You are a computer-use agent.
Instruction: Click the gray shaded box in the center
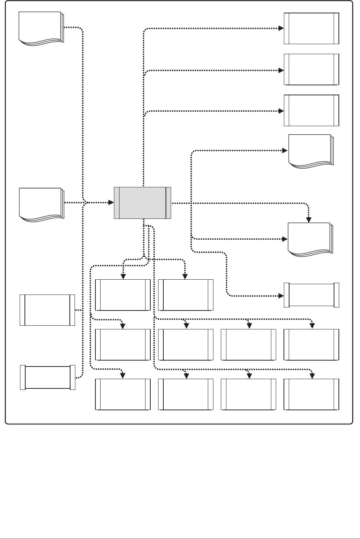pos(143,203)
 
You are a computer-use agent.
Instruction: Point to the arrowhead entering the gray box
pos(111,203)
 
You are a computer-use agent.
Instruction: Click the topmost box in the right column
pos(311,29)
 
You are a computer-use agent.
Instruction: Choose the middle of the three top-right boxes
pos(311,69)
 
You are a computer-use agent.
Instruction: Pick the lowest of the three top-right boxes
pos(311,111)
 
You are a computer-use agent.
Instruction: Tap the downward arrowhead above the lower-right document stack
pos(309,220)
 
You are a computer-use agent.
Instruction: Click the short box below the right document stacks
pos(311,295)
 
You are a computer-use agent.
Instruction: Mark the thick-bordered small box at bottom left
pos(48,378)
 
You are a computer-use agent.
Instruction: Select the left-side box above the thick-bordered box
pos(47,310)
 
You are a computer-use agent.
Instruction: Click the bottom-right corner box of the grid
pos(311,394)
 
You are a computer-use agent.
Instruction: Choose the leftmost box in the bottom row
pos(123,394)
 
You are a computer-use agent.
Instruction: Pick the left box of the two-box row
pos(123,295)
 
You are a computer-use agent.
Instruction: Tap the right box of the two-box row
pos(186,295)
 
